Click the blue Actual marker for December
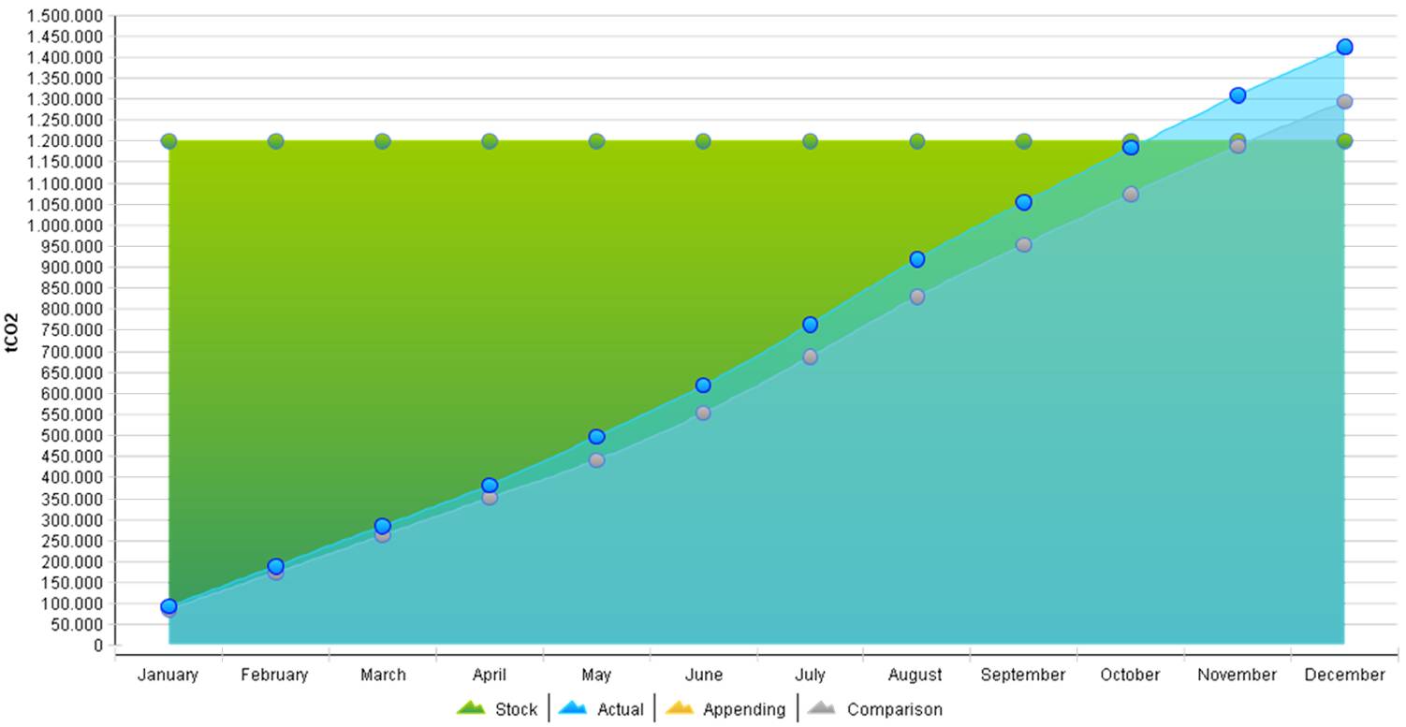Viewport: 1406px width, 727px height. pos(1344,47)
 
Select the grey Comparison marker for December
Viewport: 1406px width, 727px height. pos(1344,101)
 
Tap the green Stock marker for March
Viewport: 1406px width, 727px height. pos(382,141)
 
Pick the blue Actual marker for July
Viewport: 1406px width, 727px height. pos(810,325)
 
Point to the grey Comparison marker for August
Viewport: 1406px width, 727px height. pos(916,297)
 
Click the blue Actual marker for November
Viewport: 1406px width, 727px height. pos(1238,95)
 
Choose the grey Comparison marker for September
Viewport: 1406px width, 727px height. pos(1023,244)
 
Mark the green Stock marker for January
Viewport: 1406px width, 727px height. pos(168,141)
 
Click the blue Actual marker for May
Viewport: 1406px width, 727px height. pos(596,437)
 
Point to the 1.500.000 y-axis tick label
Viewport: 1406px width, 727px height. pos(65,16)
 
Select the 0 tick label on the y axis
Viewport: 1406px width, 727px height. pos(97,646)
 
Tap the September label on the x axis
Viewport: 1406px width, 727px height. pos(1023,675)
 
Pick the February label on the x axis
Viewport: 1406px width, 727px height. pos(274,675)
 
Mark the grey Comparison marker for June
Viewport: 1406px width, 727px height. pos(703,413)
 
